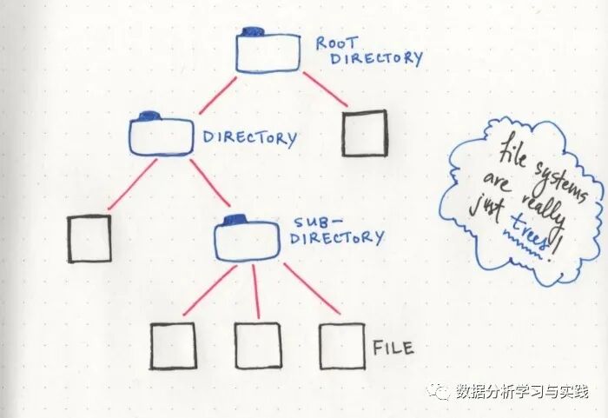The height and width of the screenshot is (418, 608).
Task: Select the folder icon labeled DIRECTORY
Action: coord(161,134)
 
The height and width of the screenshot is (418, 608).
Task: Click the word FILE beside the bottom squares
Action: coord(393,348)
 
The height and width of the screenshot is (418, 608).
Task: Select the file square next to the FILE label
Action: coord(341,346)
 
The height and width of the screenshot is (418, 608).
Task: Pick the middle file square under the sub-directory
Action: coord(257,346)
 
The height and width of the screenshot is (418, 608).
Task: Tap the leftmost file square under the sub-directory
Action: coord(173,347)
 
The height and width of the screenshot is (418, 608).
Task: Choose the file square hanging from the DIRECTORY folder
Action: coord(89,238)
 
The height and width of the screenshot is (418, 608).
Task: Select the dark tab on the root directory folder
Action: coord(253,32)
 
